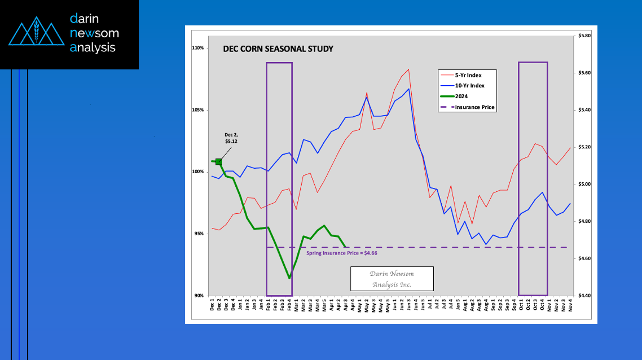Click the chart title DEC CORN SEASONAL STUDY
[278, 49]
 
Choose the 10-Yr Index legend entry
[470, 86]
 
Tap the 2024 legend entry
[461, 96]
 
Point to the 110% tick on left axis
[197, 48]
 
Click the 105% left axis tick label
[197, 110]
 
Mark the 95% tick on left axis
[199, 234]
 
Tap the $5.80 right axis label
[584, 36]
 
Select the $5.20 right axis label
[584, 147]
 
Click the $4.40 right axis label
[584, 296]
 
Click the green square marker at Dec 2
[219, 162]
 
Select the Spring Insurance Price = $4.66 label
[341, 253]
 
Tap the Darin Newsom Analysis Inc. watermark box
[392, 278]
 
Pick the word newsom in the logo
[94, 33]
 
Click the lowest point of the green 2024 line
[289, 278]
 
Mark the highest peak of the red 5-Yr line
[408, 69]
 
